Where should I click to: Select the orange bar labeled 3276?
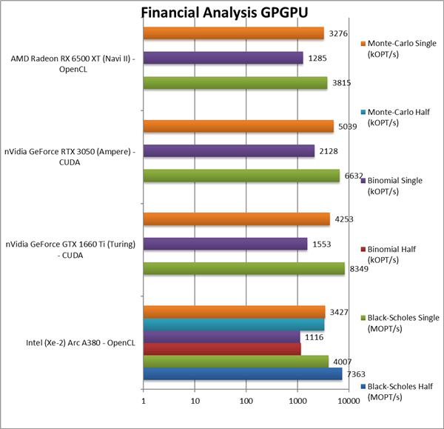233,33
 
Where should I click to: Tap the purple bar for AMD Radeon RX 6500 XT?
223,58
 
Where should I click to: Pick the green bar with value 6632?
240,176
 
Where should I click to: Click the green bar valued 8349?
243,268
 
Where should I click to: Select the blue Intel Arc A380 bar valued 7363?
242,373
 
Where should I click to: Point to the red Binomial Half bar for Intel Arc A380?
221,349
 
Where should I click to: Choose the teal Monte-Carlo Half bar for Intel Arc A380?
233,325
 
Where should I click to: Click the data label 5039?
347,126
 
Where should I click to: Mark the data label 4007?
342,361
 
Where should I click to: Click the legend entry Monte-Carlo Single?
399,49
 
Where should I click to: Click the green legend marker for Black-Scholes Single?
362,318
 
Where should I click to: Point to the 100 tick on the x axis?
246,402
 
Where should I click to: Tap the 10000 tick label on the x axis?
349,402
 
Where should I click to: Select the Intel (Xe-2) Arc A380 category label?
71,342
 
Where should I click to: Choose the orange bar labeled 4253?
236,219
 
